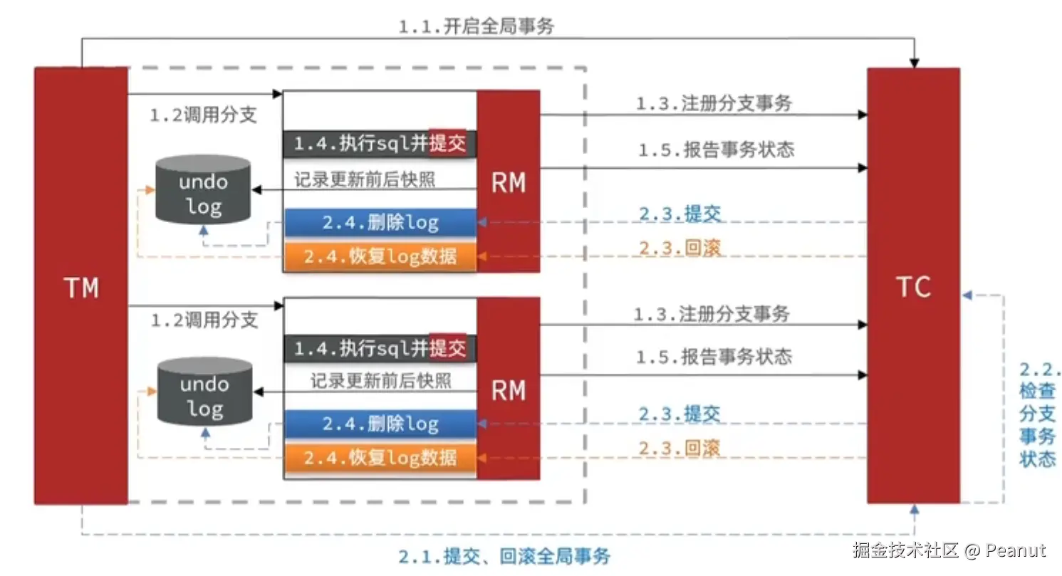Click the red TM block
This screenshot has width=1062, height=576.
tap(80, 286)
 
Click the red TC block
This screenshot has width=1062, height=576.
tap(912, 286)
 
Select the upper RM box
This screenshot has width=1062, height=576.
tap(508, 182)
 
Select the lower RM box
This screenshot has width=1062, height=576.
tap(508, 389)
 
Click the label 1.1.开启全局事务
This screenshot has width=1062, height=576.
tap(476, 27)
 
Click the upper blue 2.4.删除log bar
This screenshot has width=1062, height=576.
tap(380, 222)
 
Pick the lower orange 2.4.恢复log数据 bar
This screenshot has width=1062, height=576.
tap(380, 456)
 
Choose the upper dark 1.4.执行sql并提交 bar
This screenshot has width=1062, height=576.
tap(380, 144)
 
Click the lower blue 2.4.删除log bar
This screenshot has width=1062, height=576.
tap(380, 424)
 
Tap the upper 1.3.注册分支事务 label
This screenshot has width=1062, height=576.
tap(714, 103)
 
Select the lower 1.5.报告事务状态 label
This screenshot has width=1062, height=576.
tap(714, 356)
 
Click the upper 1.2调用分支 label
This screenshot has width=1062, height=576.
tap(204, 115)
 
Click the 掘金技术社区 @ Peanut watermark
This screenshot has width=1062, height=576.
tap(948, 550)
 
